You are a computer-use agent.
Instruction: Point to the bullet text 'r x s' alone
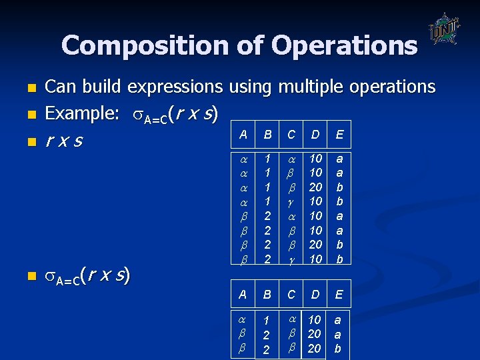tap(65, 141)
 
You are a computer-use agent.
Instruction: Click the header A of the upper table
tap(243, 135)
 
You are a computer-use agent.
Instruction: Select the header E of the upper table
tap(339, 135)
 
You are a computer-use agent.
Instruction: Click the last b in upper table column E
tap(339, 258)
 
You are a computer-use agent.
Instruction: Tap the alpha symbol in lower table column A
tap(243, 321)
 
